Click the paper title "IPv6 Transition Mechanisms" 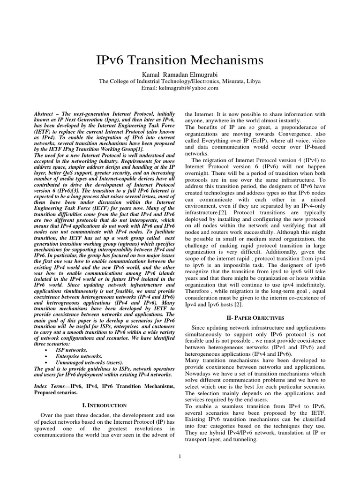coord(180,61)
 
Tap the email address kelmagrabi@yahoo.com coord(180,88)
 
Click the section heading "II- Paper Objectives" coord(255,318)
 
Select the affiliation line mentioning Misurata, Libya coord(180,81)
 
